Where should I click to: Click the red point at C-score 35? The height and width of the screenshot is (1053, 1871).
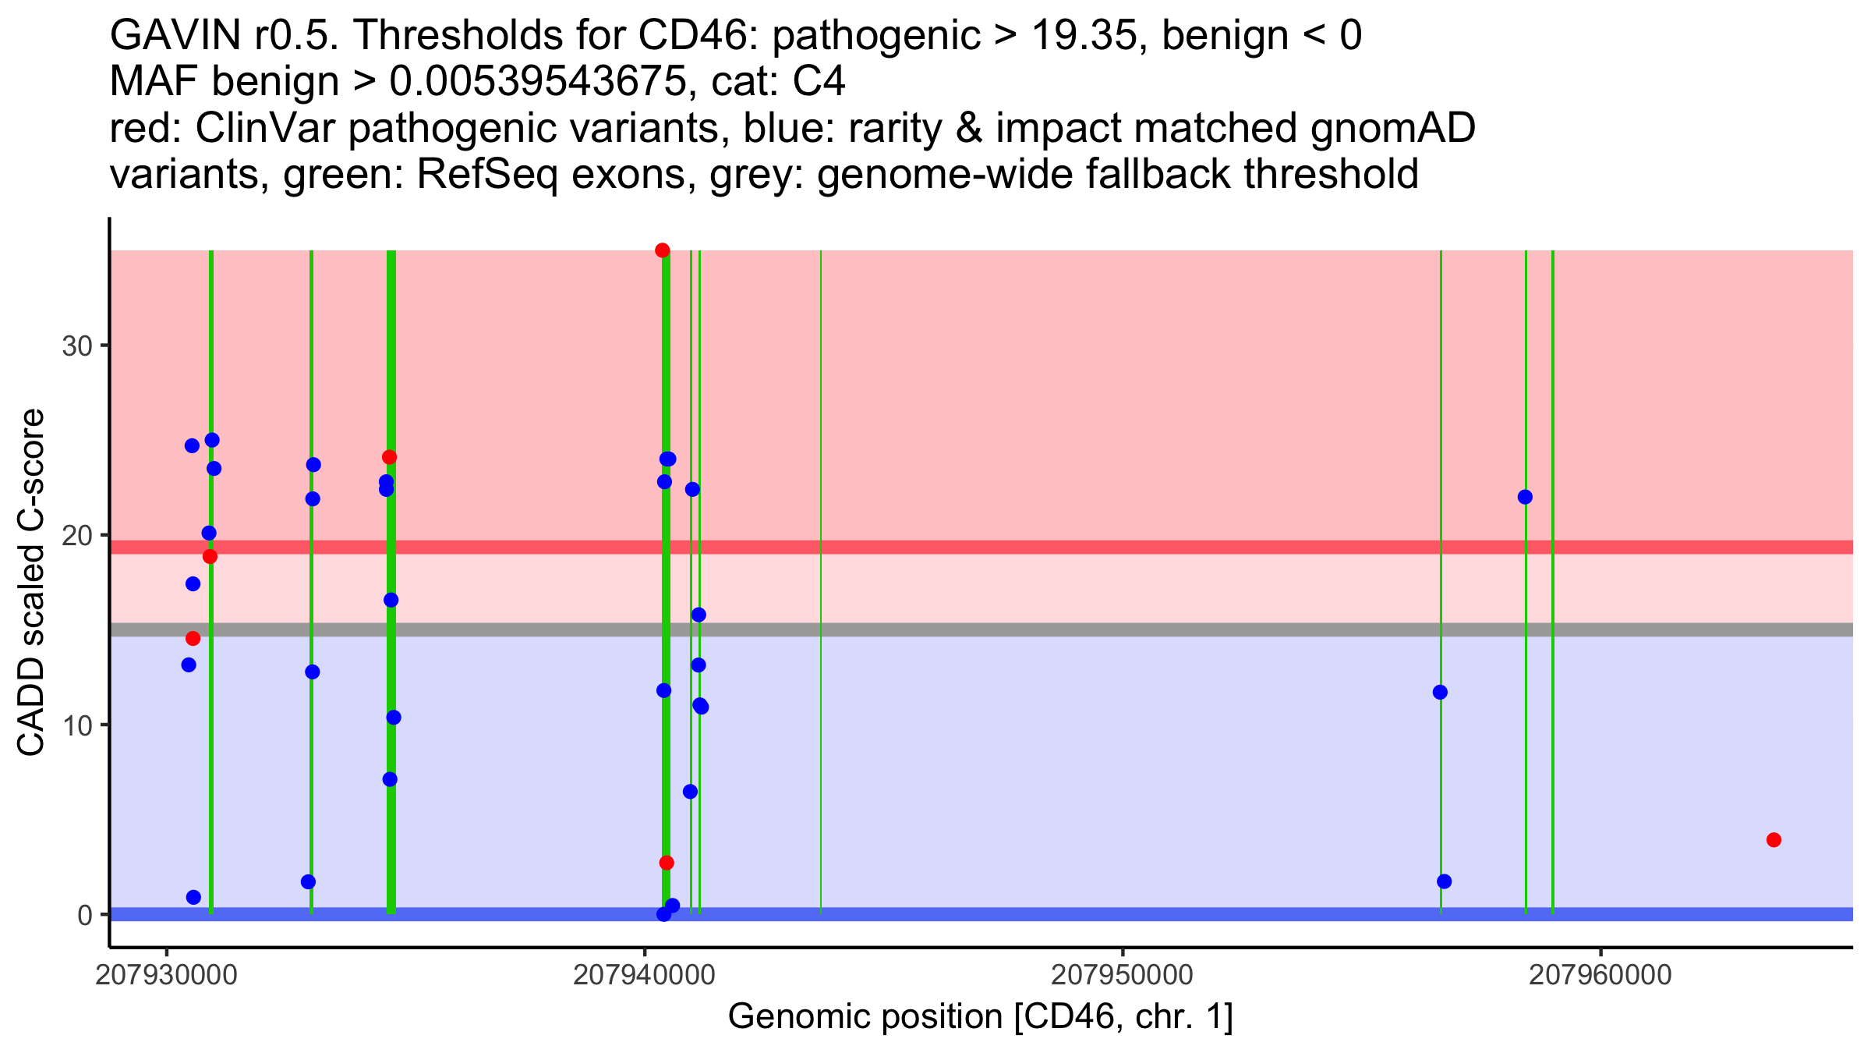[663, 250]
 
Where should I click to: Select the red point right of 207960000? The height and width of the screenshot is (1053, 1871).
[1774, 840]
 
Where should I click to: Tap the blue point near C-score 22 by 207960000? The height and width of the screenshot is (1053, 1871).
[1525, 497]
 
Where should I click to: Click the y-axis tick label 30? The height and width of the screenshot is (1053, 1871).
[77, 346]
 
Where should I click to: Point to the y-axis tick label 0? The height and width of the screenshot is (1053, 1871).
[85, 915]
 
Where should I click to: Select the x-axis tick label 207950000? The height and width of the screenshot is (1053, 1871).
[1123, 976]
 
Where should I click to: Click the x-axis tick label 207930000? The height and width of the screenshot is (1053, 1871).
[165, 976]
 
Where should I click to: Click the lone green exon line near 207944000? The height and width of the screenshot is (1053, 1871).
[821, 581]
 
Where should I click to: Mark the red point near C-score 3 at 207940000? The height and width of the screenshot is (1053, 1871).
[667, 863]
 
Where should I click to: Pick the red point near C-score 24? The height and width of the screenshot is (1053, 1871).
[390, 457]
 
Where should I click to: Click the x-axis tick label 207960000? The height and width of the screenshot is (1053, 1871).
[1600, 976]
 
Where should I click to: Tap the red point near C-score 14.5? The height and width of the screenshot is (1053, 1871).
[193, 639]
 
